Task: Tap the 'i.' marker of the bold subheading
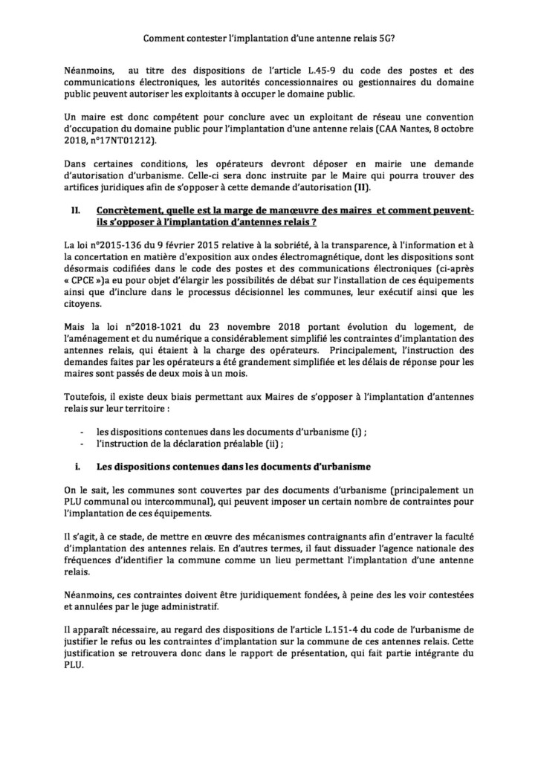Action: tap(77, 466)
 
